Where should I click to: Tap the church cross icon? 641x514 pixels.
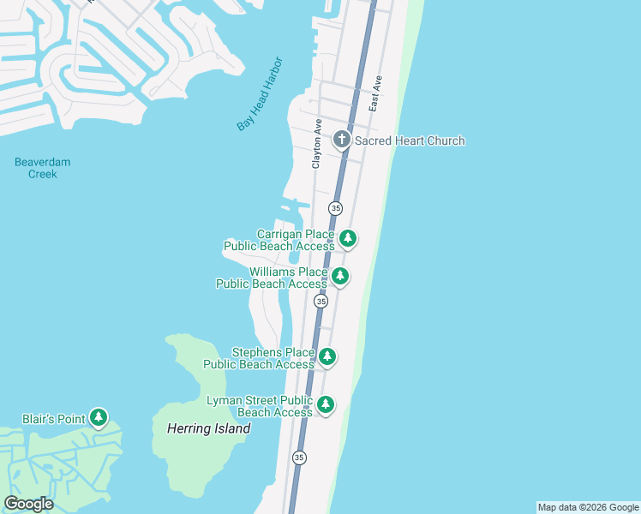pos(342,140)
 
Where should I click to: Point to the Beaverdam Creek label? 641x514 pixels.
pos(43,168)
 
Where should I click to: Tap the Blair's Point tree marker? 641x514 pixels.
pos(99,418)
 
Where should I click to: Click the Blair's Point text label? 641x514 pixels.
pos(54,419)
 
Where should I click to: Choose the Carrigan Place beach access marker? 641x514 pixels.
pos(347,238)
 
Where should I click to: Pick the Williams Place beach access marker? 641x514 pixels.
pos(340,276)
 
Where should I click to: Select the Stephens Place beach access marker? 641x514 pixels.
pos(326,356)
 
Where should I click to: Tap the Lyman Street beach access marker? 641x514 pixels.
pos(325,404)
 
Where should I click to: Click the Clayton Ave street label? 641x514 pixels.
pos(317,143)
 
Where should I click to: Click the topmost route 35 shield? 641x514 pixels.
pos(335,208)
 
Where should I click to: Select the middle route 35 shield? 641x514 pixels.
pos(320,302)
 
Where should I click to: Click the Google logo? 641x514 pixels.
pos(28,504)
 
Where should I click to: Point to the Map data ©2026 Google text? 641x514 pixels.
pos(588,507)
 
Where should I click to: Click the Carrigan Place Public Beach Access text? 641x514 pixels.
pos(279,240)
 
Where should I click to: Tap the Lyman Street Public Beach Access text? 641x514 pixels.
pos(261,406)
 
